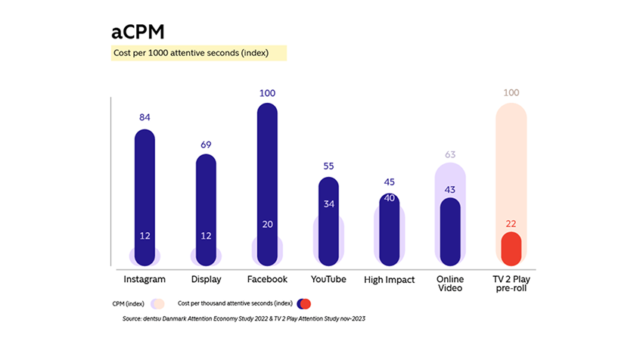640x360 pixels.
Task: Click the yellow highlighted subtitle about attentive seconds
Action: click(x=189, y=53)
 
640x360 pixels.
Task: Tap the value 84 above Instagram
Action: click(x=144, y=118)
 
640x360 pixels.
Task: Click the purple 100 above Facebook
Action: click(x=267, y=93)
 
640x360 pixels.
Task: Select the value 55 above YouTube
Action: click(x=328, y=166)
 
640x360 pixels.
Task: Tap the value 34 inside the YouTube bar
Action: click(x=328, y=203)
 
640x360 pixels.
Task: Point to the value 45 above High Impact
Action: click(x=390, y=182)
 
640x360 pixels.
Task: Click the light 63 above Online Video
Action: click(x=450, y=154)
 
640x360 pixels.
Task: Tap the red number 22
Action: click(x=511, y=223)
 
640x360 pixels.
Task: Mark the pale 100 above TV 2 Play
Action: click(x=511, y=93)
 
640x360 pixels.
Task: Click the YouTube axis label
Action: click(x=328, y=279)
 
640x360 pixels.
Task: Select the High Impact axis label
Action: click(x=390, y=280)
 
